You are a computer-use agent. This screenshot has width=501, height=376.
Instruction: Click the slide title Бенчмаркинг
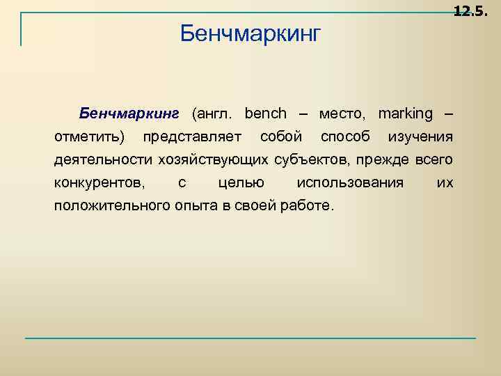[x=250, y=33]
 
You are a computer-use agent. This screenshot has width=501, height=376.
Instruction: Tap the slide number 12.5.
[x=472, y=11]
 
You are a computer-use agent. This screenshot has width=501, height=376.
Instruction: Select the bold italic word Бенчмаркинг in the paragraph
[x=129, y=113]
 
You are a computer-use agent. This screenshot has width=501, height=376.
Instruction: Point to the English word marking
[x=405, y=113]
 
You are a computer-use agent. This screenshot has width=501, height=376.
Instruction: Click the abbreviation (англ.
[x=214, y=113]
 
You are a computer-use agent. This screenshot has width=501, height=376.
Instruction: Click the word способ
[x=345, y=136]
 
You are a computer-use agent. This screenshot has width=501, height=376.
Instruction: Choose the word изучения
[x=421, y=136]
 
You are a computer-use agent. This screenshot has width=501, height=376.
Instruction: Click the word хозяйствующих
[x=212, y=159]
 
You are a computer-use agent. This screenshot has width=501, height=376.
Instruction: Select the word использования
[x=350, y=182]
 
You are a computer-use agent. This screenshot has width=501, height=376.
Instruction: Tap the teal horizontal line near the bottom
[x=250, y=338]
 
